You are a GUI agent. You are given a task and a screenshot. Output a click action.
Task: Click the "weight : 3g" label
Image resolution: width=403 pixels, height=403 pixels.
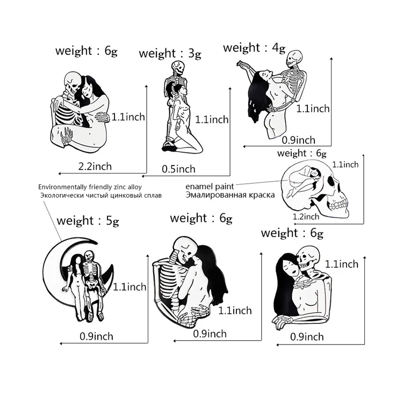[x=170, y=54]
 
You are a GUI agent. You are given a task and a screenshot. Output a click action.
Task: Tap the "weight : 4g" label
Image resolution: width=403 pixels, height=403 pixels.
[x=254, y=48]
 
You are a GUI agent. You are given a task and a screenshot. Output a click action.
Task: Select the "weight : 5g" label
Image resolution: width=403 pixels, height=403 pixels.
[x=88, y=221]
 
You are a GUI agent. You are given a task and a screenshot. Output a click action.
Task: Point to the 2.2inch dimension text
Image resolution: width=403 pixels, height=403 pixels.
[x=95, y=167]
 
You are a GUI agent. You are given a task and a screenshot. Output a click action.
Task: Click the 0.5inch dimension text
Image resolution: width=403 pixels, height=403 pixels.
[x=178, y=169]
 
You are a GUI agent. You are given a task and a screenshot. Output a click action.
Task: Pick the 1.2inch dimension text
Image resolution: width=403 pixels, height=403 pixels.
[x=306, y=217]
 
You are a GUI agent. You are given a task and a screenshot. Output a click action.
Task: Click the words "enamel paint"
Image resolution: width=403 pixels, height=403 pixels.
[x=210, y=186]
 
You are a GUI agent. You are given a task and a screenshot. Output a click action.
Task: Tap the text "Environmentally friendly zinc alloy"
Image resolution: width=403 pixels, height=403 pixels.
[x=90, y=187]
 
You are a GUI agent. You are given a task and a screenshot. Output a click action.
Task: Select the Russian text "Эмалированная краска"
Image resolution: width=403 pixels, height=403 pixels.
[x=230, y=195]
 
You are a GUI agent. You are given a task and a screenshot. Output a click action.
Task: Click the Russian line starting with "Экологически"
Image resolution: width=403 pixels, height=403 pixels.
[x=101, y=196]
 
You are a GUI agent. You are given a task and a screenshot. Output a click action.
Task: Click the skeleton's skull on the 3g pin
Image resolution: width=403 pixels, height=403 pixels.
[x=177, y=67]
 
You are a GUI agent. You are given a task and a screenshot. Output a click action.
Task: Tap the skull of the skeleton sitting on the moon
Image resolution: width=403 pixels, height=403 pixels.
[x=89, y=256]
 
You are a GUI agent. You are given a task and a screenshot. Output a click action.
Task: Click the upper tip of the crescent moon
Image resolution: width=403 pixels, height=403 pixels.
[x=96, y=242]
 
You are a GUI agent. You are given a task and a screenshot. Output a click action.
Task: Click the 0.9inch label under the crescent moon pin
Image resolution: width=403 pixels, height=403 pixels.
[x=96, y=336]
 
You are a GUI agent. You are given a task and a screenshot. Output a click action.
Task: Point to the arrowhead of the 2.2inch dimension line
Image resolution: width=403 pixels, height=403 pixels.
[x=60, y=174]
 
